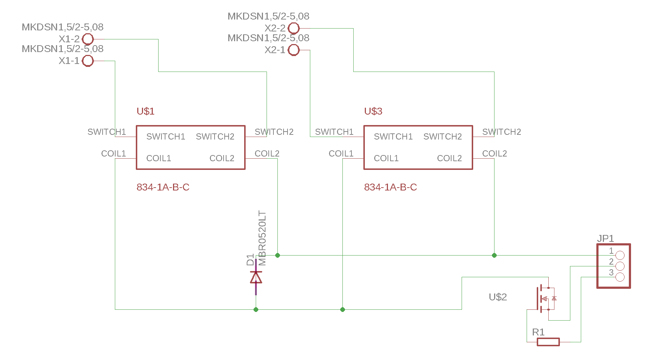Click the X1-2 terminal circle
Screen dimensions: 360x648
click(88, 39)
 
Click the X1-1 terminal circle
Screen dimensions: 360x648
click(88, 61)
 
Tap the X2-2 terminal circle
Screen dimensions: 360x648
click(294, 28)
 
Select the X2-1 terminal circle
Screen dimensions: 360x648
click(294, 50)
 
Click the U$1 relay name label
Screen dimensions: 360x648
click(146, 111)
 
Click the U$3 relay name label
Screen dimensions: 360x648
click(373, 111)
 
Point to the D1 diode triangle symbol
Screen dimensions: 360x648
click(256, 278)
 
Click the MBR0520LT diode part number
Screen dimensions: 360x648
click(263, 238)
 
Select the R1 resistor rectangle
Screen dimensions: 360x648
click(548, 342)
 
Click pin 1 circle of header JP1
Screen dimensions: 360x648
click(620, 256)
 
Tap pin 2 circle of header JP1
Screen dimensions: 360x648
click(620, 266)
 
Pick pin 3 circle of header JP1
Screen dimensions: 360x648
click(620, 277)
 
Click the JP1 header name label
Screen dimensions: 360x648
click(605, 239)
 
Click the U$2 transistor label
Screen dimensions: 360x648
click(498, 297)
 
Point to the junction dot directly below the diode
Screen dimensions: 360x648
click(256, 309)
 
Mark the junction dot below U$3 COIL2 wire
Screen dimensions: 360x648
click(494, 256)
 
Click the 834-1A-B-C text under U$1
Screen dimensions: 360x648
click(163, 187)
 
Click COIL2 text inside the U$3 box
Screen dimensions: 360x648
click(449, 158)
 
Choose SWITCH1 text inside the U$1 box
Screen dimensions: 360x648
click(166, 137)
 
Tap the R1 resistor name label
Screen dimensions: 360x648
click(538, 332)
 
